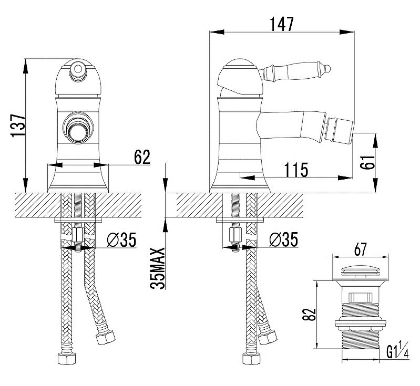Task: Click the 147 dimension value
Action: point(282,24)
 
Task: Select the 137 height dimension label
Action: point(18,126)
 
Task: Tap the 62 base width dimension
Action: point(142,157)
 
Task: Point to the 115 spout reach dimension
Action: point(296,170)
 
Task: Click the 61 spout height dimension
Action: point(367,162)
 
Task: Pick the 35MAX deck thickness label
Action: point(157,268)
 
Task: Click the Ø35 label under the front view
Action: point(121,239)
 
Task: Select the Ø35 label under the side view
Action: point(284,239)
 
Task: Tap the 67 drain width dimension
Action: point(360,249)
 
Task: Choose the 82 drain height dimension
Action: point(309,315)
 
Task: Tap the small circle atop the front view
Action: point(78,69)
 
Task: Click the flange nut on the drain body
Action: point(361,324)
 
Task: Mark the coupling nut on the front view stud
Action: point(78,235)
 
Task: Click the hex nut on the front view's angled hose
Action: point(106,337)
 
